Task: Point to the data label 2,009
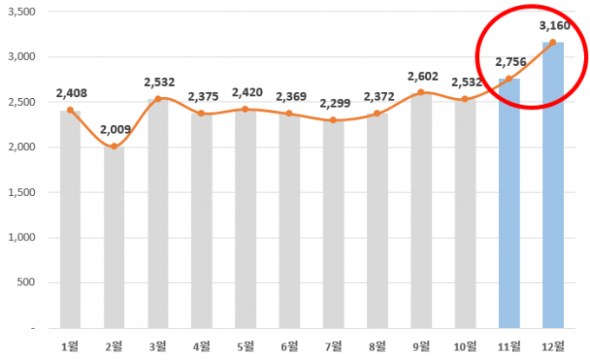tap(115, 130)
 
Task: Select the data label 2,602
tap(422, 76)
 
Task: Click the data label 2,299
tap(333, 104)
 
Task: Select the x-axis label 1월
tap(70, 346)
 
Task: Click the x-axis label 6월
tap(290, 346)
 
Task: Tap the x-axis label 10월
tap(465, 346)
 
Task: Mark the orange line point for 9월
tap(421, 92)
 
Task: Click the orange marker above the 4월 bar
tap(202, 113)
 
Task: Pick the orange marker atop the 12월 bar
tap(553, 42)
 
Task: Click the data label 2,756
tap(509, 62)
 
